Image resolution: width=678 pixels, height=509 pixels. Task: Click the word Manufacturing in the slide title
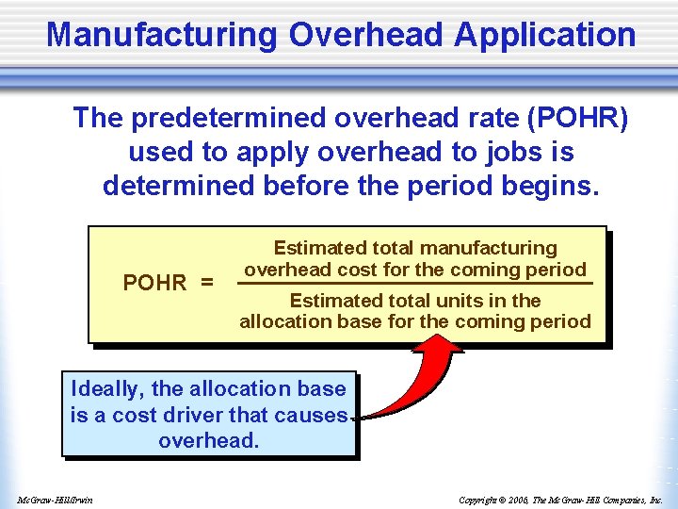pyautogui.click(x=162, y=35)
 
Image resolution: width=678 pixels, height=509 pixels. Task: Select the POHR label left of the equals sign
pyautogui.click(x=155, y=283)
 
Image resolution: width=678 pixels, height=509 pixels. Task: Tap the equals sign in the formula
pyautogui.click(x=205, y=283)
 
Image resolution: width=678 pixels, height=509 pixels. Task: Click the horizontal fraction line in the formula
pyautogui.click(x=414, y=283)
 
